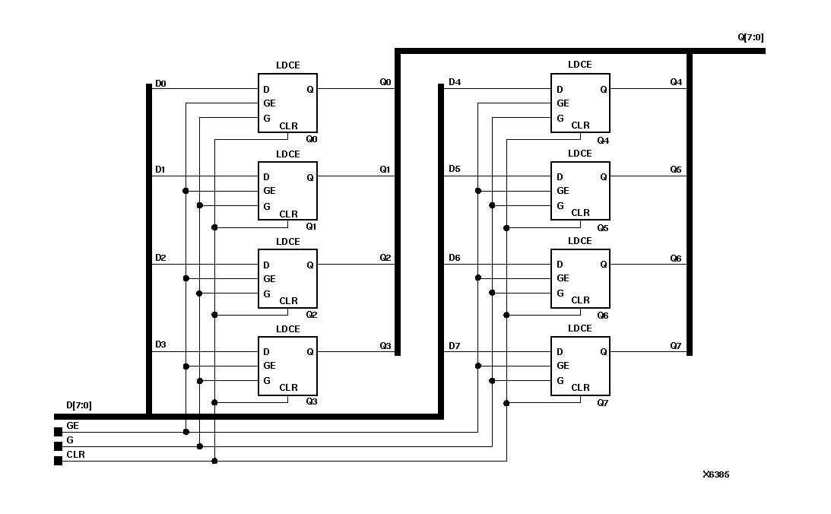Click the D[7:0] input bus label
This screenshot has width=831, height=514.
[79, 405]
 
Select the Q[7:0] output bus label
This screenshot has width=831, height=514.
[751, 36]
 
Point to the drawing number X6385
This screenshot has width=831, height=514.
[715, 474]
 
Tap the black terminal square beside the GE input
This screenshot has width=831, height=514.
[58, 432]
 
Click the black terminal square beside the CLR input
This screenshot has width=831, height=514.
[58, 461]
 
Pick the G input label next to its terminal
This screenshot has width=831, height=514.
[71, 440]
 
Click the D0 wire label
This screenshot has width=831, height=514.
[160, 82]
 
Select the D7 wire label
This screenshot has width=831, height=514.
[454, 346]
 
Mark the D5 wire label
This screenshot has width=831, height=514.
[454, 169]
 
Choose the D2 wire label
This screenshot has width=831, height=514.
[160, 258]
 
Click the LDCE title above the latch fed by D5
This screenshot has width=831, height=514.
[580, 154]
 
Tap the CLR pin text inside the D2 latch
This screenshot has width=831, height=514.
[288, 301]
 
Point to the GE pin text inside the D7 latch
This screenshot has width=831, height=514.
[563, 366]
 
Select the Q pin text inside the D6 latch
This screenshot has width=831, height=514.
[603, 265]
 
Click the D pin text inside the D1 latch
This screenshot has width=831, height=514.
[266, 177]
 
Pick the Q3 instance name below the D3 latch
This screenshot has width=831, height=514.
[311, 401]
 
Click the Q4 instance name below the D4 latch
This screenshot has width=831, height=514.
[603, 140]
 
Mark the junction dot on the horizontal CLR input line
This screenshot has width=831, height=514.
[214, 461]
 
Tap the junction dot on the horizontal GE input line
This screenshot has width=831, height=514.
[186, 432]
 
